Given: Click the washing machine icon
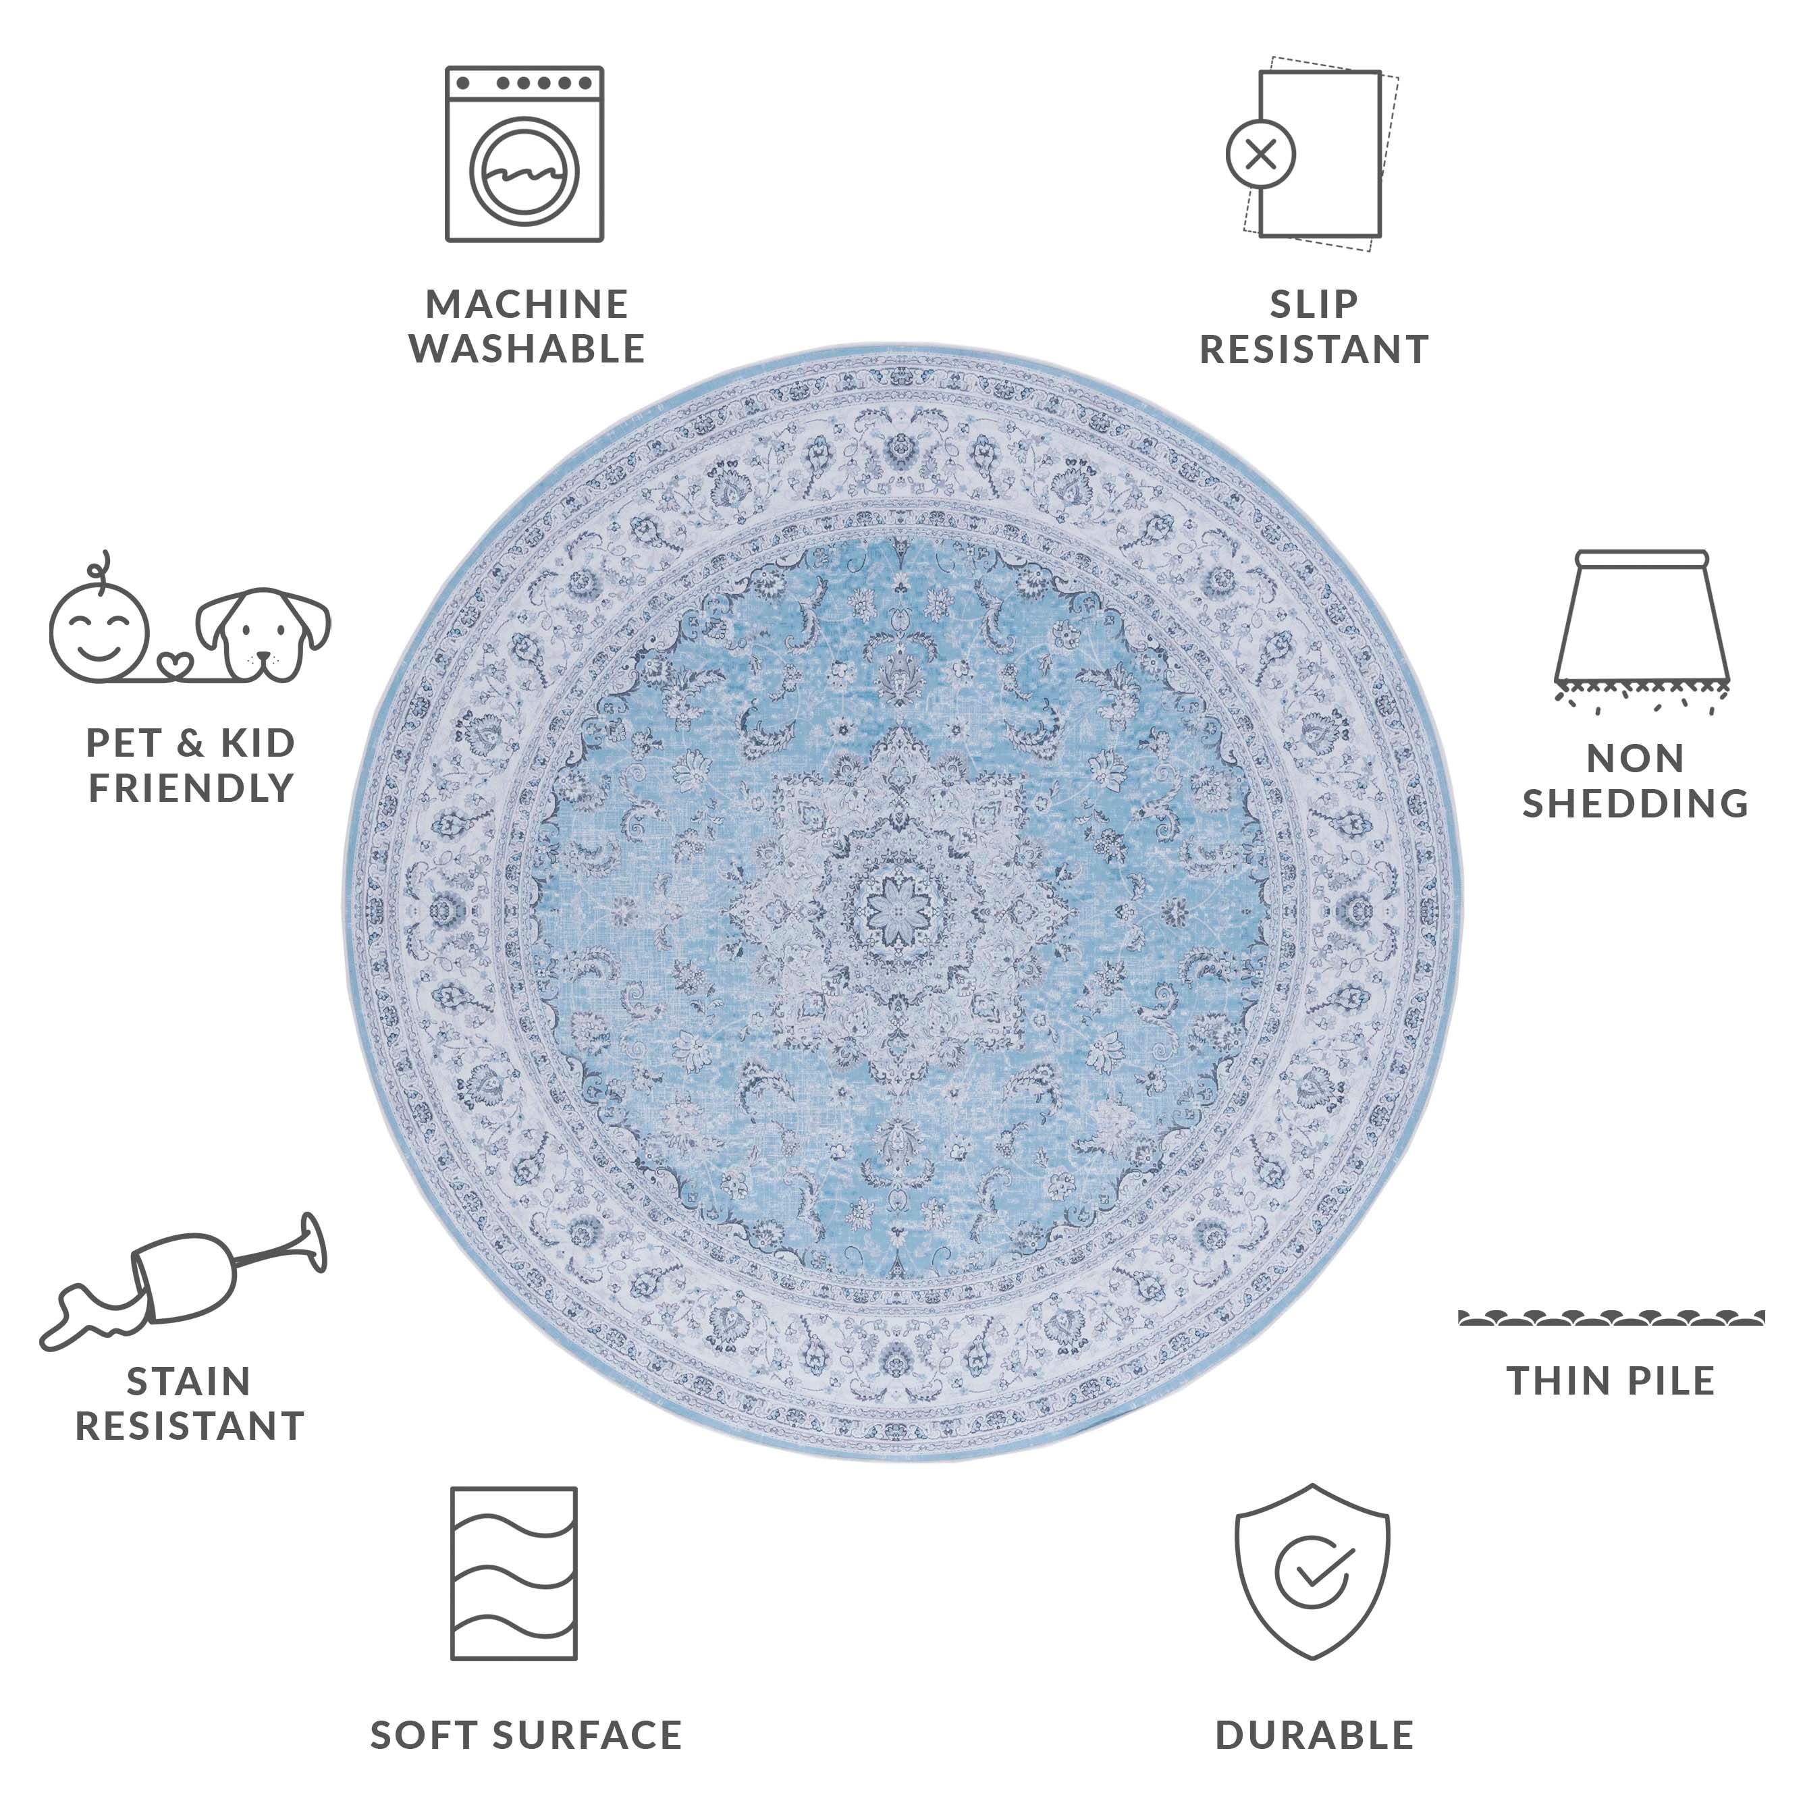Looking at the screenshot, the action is [x=524, y=154].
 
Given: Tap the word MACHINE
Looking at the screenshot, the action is [x=527, y=304].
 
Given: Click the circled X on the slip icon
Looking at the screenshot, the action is [x=1261, y=154].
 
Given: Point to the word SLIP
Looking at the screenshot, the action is [x=1314, y=304].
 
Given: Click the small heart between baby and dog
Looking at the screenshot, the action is [x=175, y=664].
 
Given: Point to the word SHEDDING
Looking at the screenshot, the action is [x=1635, y=803].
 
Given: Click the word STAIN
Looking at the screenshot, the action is [x=189, y=1381].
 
